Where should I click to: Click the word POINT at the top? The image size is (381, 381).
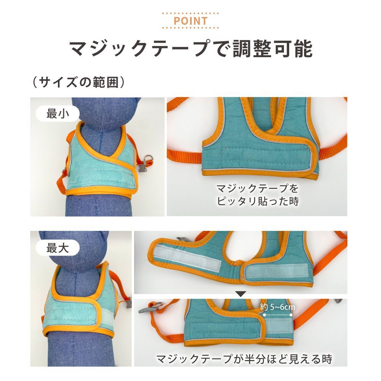click(190, 21)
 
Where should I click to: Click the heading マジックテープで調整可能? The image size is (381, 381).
click(191, 49)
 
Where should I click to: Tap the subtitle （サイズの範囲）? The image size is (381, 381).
click(79, 82)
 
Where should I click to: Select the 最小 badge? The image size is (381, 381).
click(58, 114)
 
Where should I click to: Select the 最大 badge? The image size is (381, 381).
click(58, 248)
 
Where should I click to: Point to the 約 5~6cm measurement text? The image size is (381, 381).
click(277, 307)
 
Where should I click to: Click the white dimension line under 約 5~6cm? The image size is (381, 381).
click(277, 315)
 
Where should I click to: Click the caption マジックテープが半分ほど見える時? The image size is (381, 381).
click(244, 359)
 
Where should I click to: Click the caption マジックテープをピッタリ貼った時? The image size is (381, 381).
click(258, 195)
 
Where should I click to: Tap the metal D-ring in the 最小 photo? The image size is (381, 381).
click(148, 158)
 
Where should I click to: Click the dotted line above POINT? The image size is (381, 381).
click(190, 13)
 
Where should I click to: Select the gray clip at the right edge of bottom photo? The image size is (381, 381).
click(338, 301)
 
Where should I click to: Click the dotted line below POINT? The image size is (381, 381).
click(190, 28)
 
